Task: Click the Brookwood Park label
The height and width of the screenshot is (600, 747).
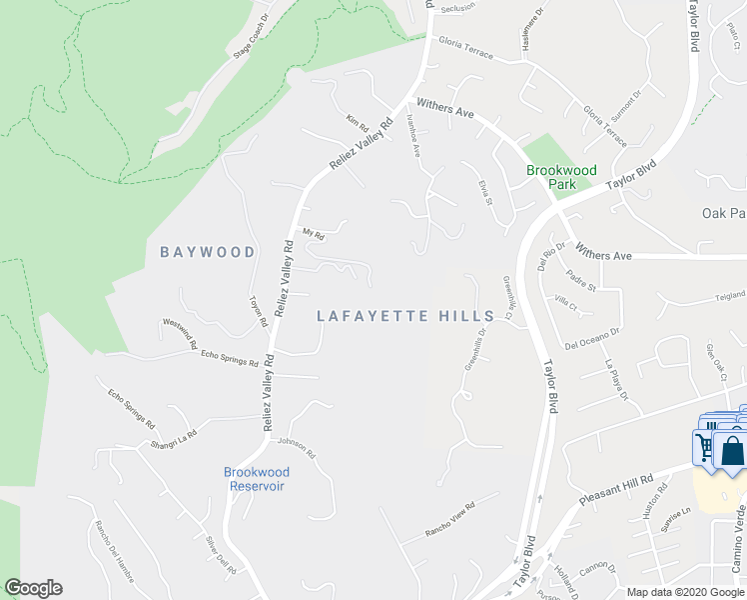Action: tap(561, 177)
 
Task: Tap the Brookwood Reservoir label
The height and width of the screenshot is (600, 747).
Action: tap(257, 478)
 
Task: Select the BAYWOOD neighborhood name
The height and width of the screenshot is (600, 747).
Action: tap(208, 252)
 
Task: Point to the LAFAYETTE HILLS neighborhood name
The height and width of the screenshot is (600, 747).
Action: tap(405, 316)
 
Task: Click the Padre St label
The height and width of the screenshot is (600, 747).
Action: tap(579, 281)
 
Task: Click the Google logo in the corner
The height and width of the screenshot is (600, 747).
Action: tap(33, 588)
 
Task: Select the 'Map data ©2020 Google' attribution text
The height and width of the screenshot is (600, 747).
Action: tap(684, 592)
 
